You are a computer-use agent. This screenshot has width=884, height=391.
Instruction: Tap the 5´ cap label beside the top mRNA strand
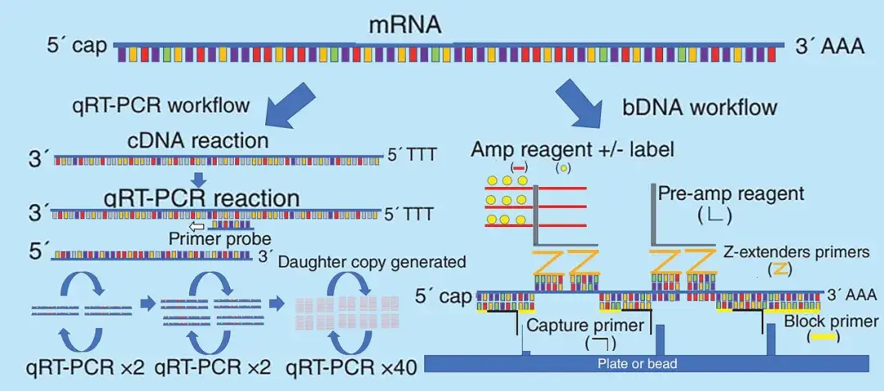pos(78,46)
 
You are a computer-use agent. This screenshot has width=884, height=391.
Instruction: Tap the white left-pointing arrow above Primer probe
pos(197,225)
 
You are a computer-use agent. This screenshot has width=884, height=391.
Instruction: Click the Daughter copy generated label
pos(372,263)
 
